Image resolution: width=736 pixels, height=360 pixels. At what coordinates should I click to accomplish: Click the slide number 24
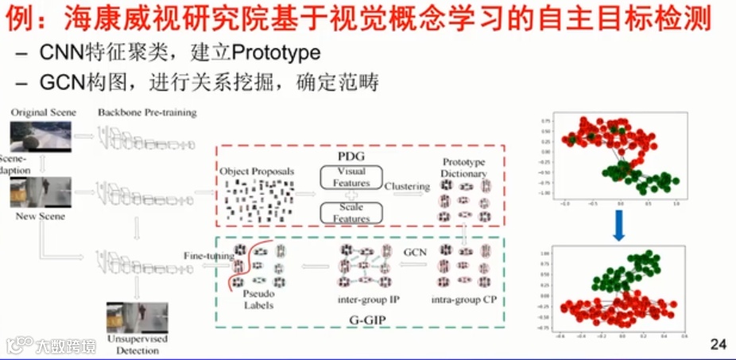click(x=718, y=344)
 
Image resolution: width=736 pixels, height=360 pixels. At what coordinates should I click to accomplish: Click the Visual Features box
click(x=350, y=176)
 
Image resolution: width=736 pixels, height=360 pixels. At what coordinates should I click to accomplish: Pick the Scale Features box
click(x=351, y=213)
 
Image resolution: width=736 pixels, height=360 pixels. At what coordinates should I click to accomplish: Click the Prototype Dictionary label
click(x=465, y=168)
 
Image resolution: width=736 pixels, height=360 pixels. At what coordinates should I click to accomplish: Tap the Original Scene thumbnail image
click(x=41, y=137)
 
